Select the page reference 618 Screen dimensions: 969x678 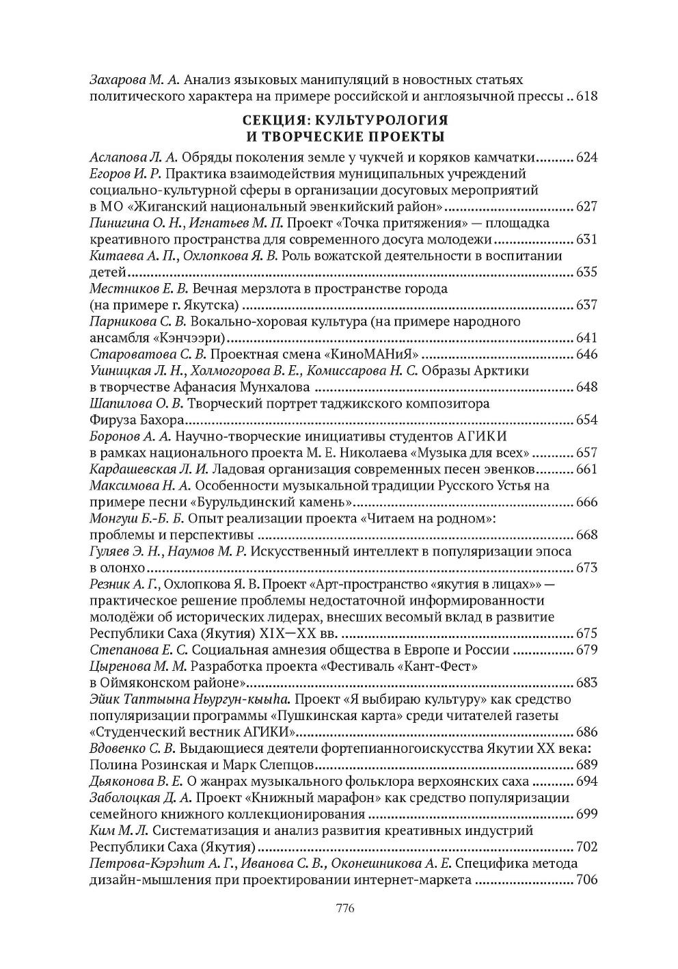tap(587, 96)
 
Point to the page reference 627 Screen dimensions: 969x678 tap(587, 207)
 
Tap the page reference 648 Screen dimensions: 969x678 tap(587, 388)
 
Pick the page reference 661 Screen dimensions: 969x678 tap(587, 470)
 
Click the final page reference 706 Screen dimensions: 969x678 tap(587, 880)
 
